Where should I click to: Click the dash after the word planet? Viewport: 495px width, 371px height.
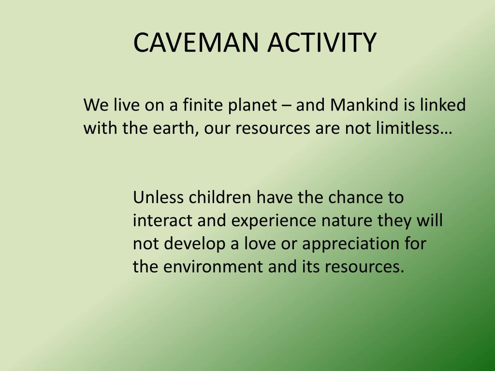pos(287,106)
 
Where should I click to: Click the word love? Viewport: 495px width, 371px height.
pos(252,244)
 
